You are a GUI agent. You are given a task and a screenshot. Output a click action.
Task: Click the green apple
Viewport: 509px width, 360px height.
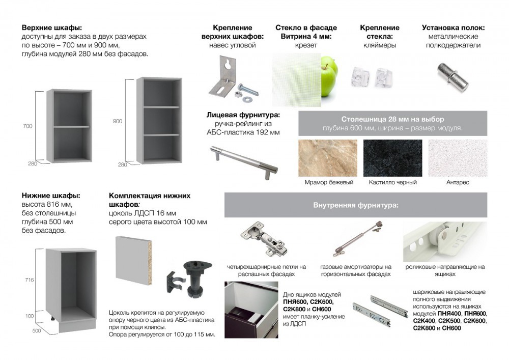(x=329, y=76)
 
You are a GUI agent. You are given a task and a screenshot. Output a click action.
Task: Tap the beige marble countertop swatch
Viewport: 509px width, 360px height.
(x=328, y=158)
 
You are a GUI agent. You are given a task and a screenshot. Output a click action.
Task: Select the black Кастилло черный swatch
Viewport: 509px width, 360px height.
(x=393, y=158)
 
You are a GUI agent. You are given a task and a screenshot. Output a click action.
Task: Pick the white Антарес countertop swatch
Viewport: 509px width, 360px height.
(x=458, y=158)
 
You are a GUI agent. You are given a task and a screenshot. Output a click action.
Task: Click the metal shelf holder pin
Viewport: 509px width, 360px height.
(x=453, y=76)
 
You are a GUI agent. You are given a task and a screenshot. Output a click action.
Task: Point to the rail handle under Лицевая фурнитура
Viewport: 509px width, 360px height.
(x=244, y=161)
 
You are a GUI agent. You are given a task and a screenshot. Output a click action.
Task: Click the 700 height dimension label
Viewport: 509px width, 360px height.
(x=27, y=126)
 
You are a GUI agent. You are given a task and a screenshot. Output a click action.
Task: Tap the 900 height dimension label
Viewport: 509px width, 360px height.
(x=118, y=121)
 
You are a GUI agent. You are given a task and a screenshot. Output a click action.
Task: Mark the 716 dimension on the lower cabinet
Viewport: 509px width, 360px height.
(x=29, y=280)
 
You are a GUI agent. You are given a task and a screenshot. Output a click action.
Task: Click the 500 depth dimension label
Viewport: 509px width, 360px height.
(x=37, y=330)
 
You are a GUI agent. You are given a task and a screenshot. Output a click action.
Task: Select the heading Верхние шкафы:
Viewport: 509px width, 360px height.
(x=52, y=27)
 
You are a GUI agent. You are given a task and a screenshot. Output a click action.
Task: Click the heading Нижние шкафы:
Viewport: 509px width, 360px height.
(x=51, y=196)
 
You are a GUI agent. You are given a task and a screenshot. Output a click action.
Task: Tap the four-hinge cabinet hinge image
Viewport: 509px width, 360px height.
(x=264, y=239)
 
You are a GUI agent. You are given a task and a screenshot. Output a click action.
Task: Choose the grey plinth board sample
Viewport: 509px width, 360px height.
(x=134, y=261)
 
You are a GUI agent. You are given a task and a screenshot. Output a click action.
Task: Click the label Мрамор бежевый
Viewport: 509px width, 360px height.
(x=329, y=182)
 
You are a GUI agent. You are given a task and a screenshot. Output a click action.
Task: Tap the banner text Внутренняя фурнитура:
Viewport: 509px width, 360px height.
(x=356, y=205)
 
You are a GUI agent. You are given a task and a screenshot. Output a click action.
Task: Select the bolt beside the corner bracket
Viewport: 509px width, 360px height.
(x=247, y=89)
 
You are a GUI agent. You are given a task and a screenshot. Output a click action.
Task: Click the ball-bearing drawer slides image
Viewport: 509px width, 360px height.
(x=380, y=310)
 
